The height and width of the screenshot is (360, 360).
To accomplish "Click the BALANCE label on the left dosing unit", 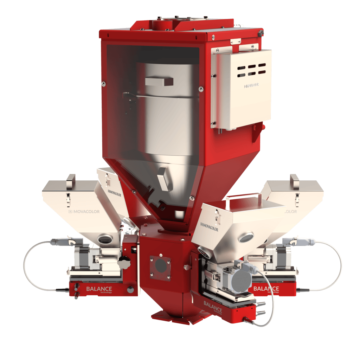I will click(99, 289).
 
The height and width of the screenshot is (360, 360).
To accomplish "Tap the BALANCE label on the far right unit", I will click(266, 289).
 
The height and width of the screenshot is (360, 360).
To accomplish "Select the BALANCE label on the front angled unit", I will click(213, 306).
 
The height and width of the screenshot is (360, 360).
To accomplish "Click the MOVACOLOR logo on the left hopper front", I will click(84, 212).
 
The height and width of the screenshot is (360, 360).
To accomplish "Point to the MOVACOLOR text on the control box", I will click(251, 85).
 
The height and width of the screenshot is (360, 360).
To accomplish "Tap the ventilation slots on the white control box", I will click(251, 69).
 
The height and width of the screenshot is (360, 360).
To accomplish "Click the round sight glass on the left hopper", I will click(104, 239).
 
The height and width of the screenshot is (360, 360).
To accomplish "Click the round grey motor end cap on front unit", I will click(243, 279).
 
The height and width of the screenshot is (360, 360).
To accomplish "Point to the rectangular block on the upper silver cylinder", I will click(159, 82).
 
